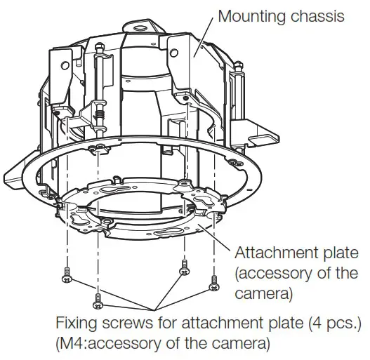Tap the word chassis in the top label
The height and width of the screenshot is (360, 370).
[322, 15]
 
